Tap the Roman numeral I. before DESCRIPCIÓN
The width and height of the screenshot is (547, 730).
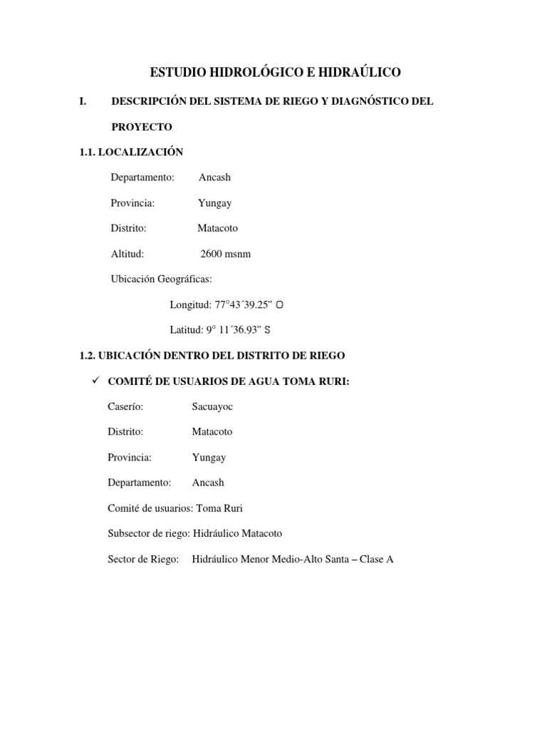[83, 101]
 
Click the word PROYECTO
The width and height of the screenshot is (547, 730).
[142, 126]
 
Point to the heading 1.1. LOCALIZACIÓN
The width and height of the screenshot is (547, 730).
[131, 152]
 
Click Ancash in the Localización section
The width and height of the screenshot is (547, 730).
[214, 178]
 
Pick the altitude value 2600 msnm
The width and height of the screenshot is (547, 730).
[226, 254]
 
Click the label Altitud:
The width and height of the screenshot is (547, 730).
[127, 254]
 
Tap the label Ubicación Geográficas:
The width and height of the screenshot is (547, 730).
[162, 279]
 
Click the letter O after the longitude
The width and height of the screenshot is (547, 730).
[280, 305]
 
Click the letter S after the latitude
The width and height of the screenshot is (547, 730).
[268, 330]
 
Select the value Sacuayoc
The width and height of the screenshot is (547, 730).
[212, 406]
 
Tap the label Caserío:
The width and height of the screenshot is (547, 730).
[125, 406]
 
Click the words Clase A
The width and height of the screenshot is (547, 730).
[377, 559]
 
